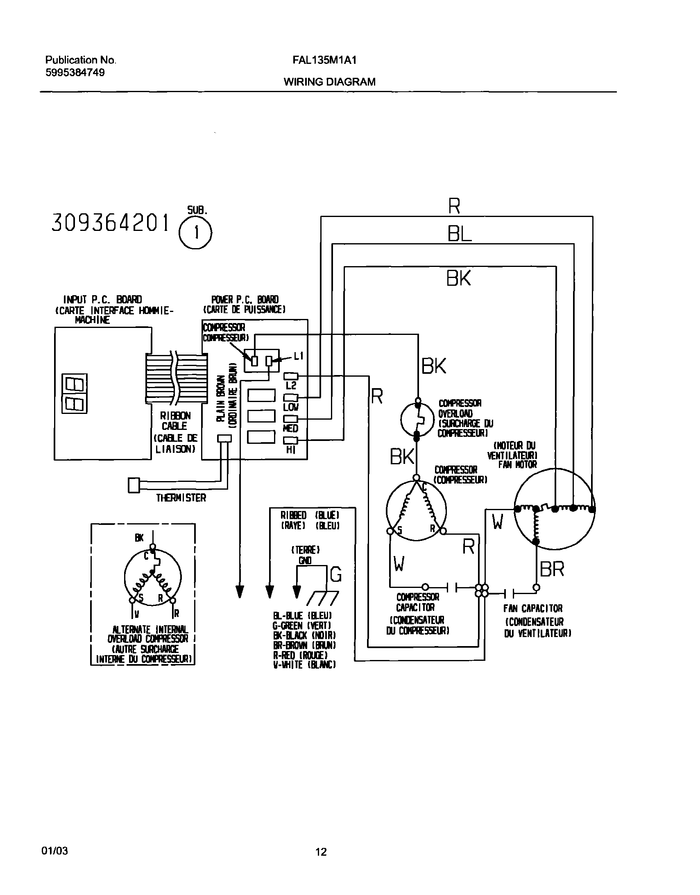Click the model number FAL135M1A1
point(324,60)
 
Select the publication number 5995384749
point(75,72)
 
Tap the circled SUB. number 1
point(196,233)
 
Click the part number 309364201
point(110,223)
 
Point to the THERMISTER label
point(181,498)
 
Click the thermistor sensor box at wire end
point(134,485)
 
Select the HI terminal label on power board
point(291,450)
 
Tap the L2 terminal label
point(291,385)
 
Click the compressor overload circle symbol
point(417,419)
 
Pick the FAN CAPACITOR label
point(533,608)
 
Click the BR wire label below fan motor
point(552,569)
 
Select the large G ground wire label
point(335,574)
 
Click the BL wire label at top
point(459,235)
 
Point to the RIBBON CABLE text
point(175,421)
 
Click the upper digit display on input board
point(74,384)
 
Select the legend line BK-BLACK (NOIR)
point(304,635)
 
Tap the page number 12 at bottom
point(321,852)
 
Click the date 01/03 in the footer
point(54,851)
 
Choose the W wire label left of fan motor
point(497,522)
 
